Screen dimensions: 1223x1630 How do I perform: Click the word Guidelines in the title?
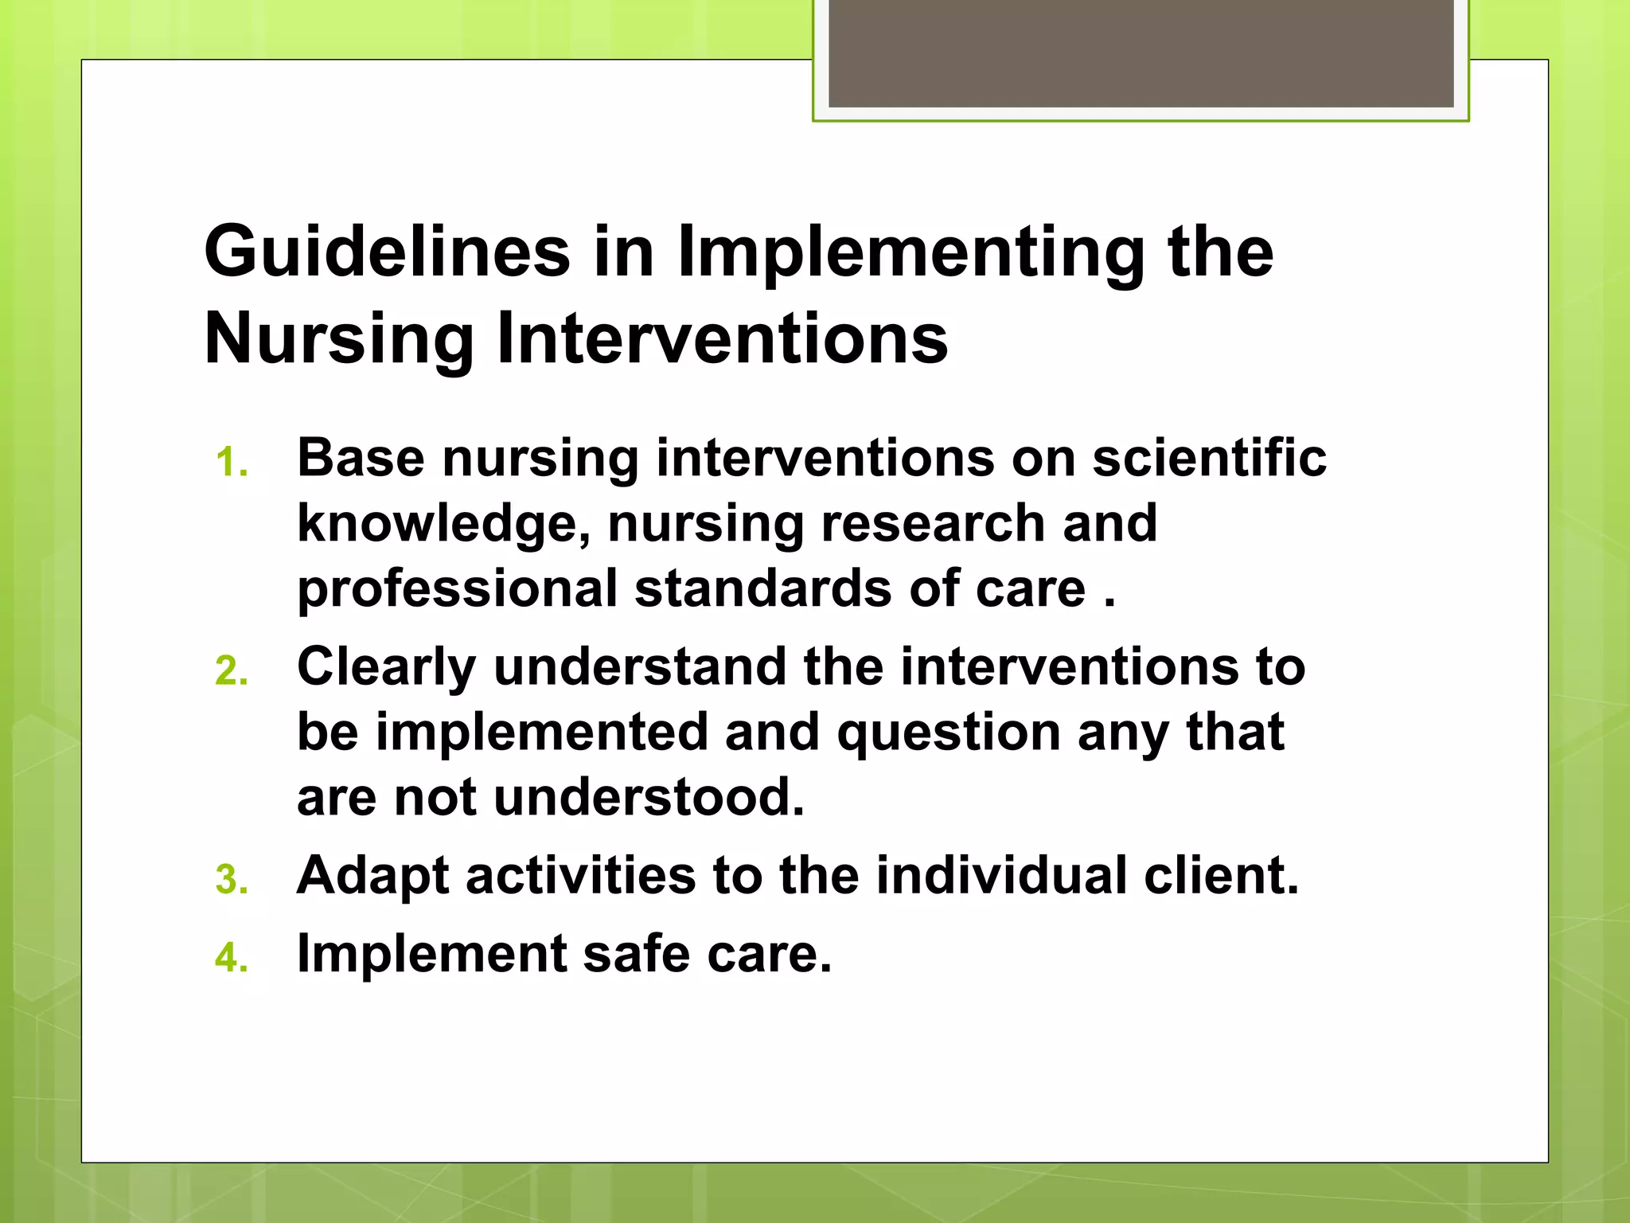click(x=387, y=252)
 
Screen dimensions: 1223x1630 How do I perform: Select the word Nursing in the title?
click(x=339, y=339)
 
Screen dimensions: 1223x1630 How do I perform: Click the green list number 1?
click(x=231, y=463)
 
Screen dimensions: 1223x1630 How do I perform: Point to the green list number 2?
click(x=232, y=671)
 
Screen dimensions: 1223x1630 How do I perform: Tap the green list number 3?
click(x=232, y=880)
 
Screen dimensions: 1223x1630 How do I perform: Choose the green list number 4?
click(x=232, y=958)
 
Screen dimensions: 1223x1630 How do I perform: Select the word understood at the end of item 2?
click(x=649, y=797)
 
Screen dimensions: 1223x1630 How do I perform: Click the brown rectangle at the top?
click(x=1141, y=53)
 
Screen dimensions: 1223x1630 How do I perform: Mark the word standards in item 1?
click(x=762, y=588)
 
